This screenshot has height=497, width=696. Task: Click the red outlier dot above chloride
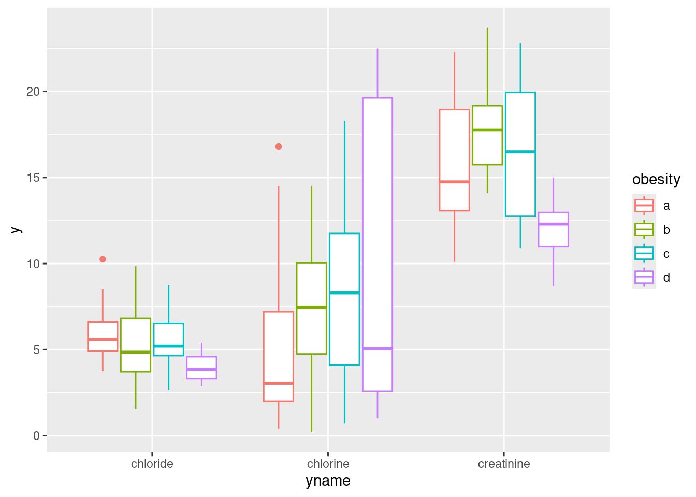[x=103, y=259]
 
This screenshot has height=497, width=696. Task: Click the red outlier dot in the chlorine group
[x=279, y=147]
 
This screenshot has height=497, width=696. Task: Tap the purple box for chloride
[x=201, y=362]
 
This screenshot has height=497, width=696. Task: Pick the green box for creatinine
[x=487, y=145]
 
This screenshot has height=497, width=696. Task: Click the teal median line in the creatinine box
[x=520, y=152]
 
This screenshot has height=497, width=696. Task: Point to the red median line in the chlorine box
[x=279, y=383]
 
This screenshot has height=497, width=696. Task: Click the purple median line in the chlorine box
[x=378, y=349]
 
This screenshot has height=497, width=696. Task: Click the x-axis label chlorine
[x=328, y=464]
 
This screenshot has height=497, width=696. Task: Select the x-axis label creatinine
[x=504, y=464]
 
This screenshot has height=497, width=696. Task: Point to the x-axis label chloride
[x=152, y=464]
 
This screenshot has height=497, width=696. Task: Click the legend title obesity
[x=656, y=180]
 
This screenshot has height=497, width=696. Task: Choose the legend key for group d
[x=644, y=277]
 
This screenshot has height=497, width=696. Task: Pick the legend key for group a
[x=644, y=206]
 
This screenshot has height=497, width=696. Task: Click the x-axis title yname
[x=328, y=481]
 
